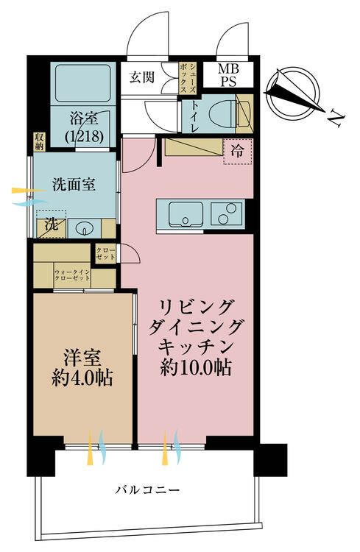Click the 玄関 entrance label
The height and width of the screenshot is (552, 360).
[141, 77]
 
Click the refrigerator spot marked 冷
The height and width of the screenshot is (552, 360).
[238, 151]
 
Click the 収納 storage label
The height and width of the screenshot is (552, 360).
[39, 141]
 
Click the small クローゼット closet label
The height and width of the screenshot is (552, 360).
[105, 254]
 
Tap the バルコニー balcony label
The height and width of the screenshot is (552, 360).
[147, 488]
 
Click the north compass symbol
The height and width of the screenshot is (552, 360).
[294, 94]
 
